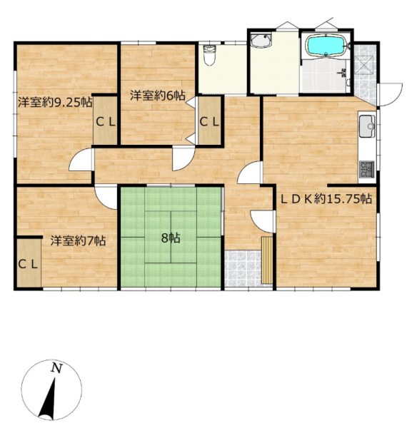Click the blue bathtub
tap(326, 46)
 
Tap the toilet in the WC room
tap(210, 56)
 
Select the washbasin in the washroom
tap(261, 40)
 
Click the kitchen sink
tap(367, 126)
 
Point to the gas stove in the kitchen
tap(367, 170)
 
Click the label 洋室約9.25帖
tap(55, 103)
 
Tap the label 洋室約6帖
tap(158, 96)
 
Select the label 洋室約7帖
tap(78, 241)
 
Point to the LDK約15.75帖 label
tap(327, 199)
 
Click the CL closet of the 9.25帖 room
tap(106, 120)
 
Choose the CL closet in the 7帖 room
tap(29, 263)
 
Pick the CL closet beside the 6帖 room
tap(209, 120)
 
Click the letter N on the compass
tap(56, 368)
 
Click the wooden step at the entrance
tap(267, 260)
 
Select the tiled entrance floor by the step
tap(243, 268)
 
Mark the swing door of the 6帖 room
tap(184, 159)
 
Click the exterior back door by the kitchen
tap(390, 94)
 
